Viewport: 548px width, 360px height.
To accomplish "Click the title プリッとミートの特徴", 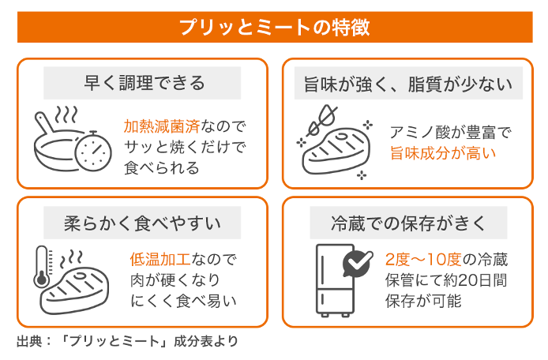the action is click(274, 28).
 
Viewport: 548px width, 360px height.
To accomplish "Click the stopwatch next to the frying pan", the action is click(93, 146).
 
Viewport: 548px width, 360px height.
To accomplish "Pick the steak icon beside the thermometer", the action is click(79, 284).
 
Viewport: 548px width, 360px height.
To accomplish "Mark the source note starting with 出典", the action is click(127, 343).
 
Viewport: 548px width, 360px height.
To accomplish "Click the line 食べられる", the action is click(162, 168).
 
